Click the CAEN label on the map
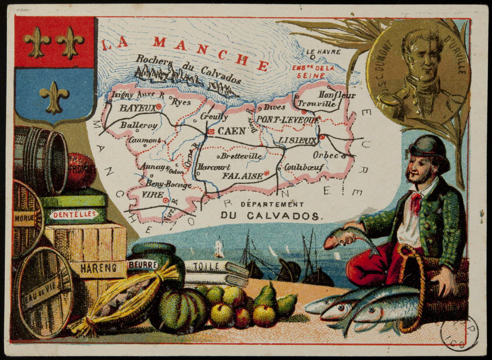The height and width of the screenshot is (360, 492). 231,131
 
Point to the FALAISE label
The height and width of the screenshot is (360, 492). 243,176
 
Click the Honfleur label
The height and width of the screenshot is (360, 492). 337,95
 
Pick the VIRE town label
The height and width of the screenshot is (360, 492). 153,195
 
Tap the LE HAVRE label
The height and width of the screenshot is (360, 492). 323,52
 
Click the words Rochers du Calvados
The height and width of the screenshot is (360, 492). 188,68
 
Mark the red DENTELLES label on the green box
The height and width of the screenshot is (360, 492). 74,215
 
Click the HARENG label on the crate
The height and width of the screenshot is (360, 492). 98,268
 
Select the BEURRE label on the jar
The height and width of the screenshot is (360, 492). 143,265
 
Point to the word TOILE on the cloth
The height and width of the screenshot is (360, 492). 206,266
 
